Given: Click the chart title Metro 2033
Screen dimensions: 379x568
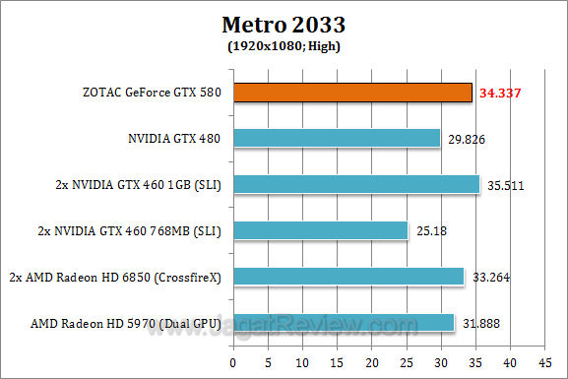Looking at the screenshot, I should click(284, 22).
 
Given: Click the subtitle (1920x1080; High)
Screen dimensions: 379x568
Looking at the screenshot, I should click(284, 45).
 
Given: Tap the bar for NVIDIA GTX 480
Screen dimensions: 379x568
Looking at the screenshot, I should click(335, 139).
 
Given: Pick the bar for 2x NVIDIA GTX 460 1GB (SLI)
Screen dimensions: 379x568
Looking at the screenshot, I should click(355, 184).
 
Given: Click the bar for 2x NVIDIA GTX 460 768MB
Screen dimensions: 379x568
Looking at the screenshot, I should click(319, 230).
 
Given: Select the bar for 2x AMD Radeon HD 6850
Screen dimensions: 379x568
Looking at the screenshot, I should click(347, 277).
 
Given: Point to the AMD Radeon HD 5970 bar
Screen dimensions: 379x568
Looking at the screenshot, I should click(343, 322).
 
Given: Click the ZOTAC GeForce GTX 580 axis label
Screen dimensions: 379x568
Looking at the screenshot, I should click(153, 94).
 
